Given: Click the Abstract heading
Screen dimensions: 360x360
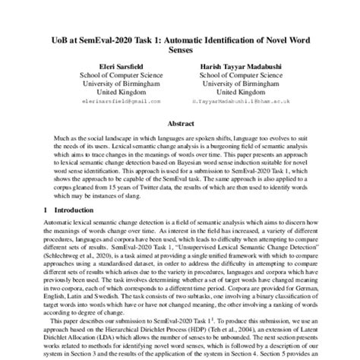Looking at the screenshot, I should (x=179, y=122).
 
